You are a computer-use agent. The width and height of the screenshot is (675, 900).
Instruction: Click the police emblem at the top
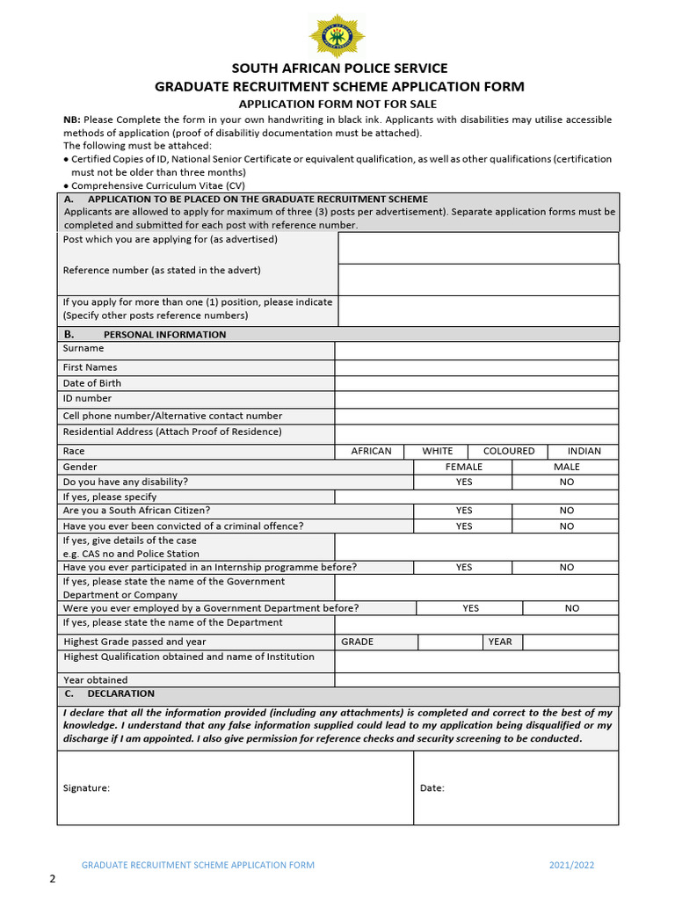coord(337,35)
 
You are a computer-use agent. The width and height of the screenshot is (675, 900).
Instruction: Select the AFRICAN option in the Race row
coord(371,451)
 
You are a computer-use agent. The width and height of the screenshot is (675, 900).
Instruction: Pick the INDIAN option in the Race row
coord(584,451)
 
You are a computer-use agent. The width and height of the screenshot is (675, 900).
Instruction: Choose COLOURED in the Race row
coord(508,451)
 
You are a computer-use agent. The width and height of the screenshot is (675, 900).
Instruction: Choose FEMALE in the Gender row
coord(463,467)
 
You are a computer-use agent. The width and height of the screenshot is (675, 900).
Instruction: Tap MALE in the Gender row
coord(566,467)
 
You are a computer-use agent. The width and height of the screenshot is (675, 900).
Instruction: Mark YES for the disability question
coord(463,482)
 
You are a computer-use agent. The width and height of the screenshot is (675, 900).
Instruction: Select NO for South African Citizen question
coord(566,510)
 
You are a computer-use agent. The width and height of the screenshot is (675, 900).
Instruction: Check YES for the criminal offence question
coord(463,526)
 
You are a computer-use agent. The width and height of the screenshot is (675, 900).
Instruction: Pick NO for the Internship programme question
coord(566,567)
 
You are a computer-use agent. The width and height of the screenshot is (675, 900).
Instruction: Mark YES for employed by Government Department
coord(470,607)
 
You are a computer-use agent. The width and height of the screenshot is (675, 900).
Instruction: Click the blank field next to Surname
coord(476,350)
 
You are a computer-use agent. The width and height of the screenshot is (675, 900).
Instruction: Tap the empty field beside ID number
coord(476,399)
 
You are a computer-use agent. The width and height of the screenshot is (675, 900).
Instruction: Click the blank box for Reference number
coord(478,279)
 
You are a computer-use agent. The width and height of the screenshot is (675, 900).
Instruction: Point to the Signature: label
coord(86,787)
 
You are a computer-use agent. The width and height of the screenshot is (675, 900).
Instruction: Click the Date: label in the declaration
coord(432,787)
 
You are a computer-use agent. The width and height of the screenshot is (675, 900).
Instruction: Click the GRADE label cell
coord(357,642)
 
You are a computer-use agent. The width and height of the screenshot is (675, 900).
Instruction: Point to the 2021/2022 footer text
coord(571,865)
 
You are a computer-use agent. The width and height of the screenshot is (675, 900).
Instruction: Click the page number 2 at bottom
coord(52,879)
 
